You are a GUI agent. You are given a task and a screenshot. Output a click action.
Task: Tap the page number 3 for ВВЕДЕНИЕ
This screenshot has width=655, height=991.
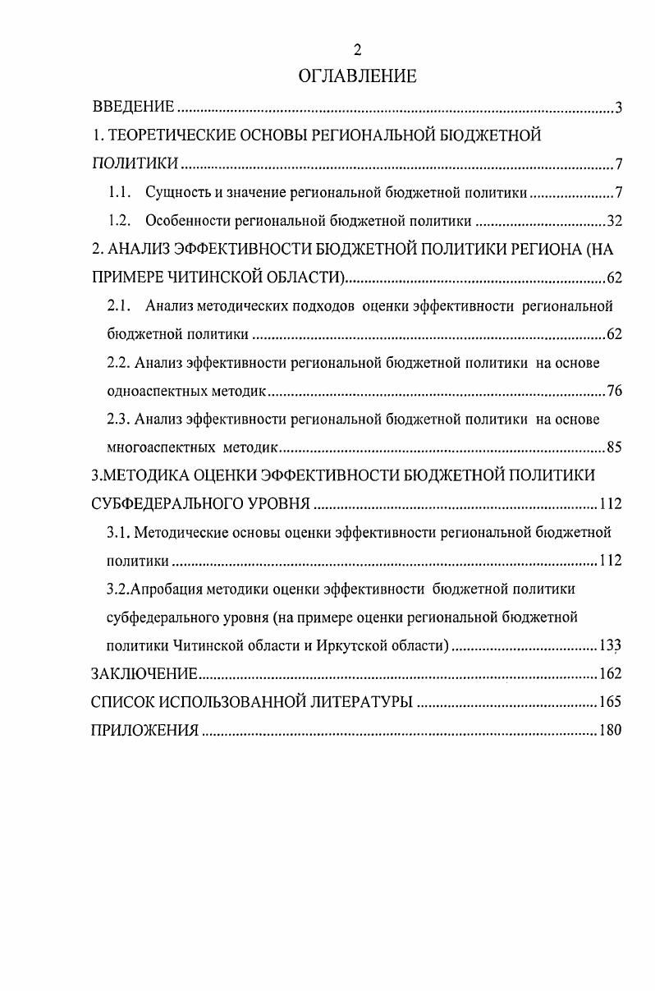[x=619, y=108]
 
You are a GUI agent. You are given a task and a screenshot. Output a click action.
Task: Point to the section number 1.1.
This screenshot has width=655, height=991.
[x=120, y=194]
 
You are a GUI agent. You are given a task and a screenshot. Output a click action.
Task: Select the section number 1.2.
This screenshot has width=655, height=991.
[x=120, y=221]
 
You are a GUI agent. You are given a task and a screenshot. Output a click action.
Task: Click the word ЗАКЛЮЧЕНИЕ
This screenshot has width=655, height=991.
[x=144, y=675]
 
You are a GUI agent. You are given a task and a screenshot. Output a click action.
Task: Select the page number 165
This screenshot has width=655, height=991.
[x=610, y=702]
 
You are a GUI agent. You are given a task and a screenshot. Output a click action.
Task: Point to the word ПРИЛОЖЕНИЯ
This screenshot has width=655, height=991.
[x=144, y=731]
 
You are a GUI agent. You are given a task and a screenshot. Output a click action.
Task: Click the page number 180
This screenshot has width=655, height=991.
[x=610, y=731]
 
